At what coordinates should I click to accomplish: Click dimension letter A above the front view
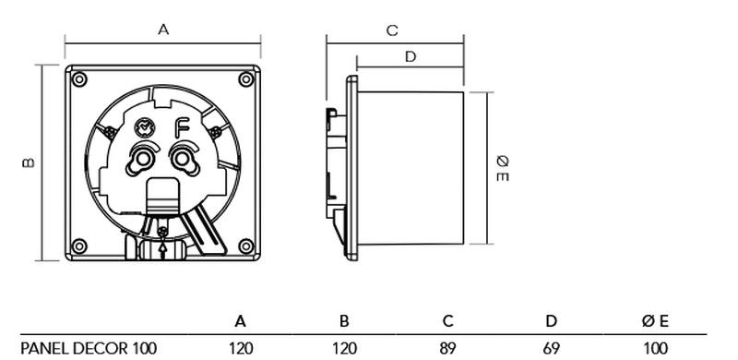(x=163, y=30)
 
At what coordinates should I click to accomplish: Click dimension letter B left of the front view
(x=29, y=162)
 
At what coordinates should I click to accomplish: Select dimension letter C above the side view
(x=392, y=30)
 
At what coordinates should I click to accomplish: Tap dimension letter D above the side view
(x=411, y=56)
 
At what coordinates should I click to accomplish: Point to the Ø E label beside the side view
(x=503, y=169)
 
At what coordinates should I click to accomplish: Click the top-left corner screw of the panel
(x=79, y=79)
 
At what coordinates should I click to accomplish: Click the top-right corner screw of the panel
(x=246, y=79)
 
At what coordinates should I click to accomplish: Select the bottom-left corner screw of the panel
(x=79, y=246)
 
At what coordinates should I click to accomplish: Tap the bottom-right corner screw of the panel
(x=246, y=246)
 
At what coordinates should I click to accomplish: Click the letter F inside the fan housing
(x=181, y=127)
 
